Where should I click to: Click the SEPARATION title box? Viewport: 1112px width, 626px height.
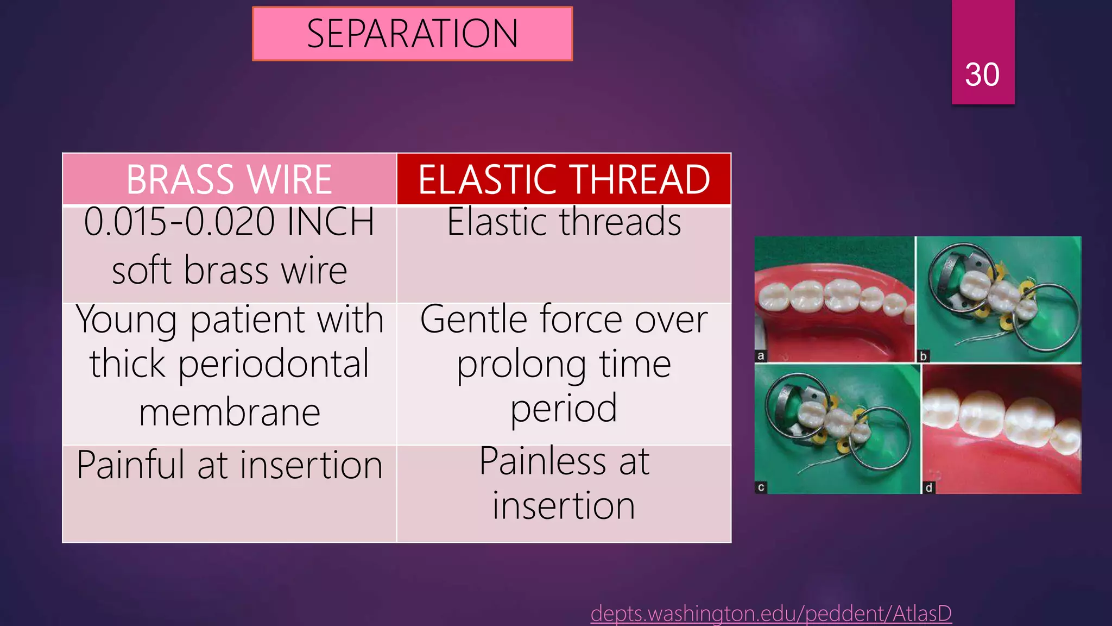coord(412,34)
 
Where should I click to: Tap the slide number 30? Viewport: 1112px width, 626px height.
coord(982,74)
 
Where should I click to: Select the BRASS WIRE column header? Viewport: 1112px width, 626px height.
coord(229,179)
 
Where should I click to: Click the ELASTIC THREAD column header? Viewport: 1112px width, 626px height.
coord(564,179)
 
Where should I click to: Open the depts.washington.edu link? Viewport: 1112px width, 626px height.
coord(771,614)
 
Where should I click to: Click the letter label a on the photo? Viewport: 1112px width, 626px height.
coord(761,356)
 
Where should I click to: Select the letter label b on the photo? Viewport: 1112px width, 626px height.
coord(923,357)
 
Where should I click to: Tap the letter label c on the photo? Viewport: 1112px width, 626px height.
coord(761,487)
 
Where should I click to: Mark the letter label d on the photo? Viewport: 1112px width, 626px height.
coord(928,487)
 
